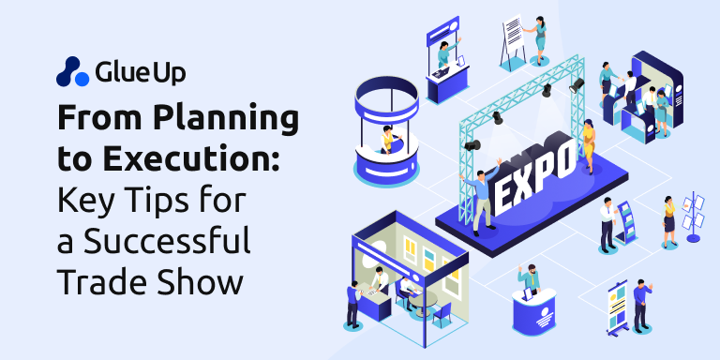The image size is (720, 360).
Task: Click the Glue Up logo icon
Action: point(71,71)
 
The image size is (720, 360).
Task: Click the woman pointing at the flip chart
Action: point(539,37)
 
